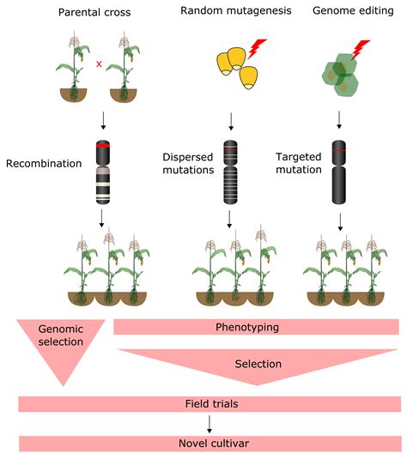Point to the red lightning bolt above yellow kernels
256,51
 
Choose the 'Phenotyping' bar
256,327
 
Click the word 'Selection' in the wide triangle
258,364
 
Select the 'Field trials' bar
210,403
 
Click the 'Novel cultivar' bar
210,444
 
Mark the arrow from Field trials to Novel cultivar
209,423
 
